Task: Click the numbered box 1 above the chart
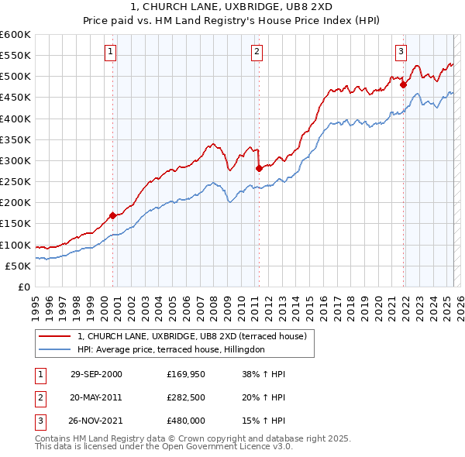pyautogui.click(x=112, y=52)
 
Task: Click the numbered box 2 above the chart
pyautogui.click(x=257, y=52)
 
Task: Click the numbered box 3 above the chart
pyautogui.click(x=401, y=52)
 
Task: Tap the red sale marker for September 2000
pyautogui.click(x=113, y=215)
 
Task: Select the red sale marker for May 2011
pyautogui.click(x=259, y=168)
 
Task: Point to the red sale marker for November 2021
pyautogui.click(x=404, y=85)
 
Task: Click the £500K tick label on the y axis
pyautogui.click(x=15, y=77)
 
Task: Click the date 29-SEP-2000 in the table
pyautogui.click(x=96, y=374)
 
